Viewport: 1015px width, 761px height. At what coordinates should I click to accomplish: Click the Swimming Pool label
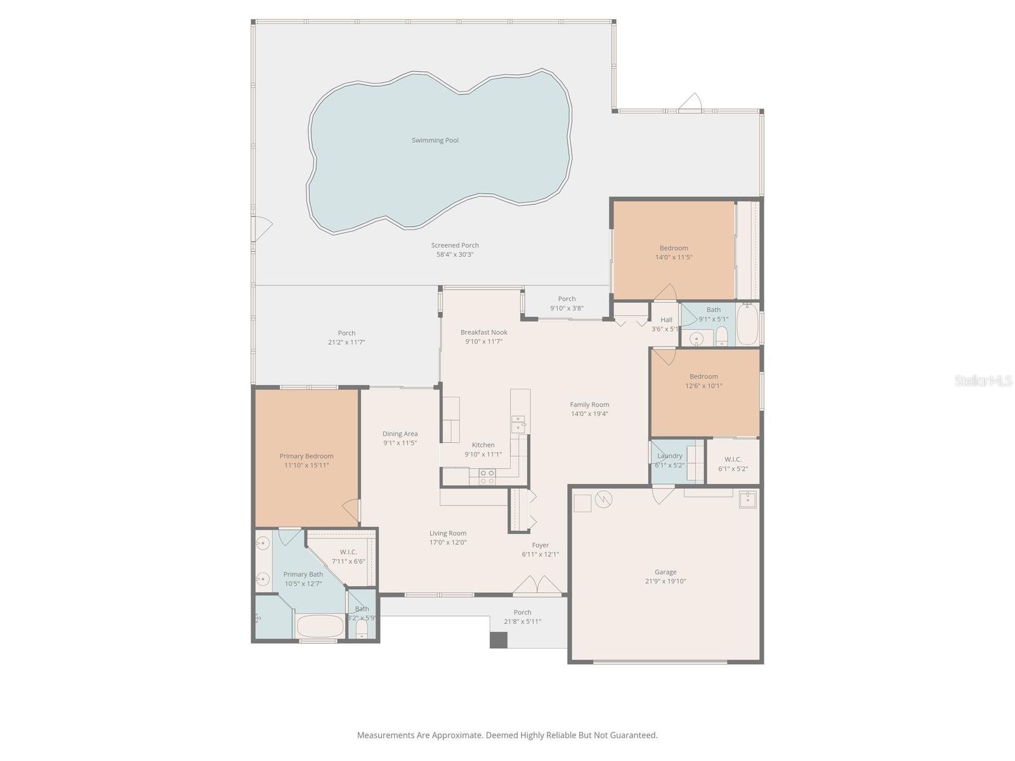435,140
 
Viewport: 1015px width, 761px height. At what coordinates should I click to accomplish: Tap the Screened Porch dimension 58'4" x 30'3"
455,255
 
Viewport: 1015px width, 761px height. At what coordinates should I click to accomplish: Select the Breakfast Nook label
484,332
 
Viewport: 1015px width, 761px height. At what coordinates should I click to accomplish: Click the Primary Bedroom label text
306,456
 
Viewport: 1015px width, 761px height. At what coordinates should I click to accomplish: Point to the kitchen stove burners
487,477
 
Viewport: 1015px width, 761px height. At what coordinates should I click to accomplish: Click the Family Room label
589,405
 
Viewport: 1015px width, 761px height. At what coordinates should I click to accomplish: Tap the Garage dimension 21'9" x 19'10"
665,582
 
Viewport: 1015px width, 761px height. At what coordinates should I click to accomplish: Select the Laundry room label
670,456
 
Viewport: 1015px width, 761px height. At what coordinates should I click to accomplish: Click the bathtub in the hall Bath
747,325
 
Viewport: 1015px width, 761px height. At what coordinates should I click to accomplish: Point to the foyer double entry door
537,586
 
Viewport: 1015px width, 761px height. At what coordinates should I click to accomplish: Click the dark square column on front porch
499,640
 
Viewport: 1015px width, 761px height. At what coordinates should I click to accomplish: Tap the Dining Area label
400,434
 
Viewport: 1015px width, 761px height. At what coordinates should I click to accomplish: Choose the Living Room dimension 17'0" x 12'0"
448,543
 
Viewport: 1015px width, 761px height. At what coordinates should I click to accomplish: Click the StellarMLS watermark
982,381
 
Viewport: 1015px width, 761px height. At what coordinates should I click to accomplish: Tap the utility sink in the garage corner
749,499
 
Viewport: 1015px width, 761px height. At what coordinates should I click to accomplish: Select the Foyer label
540,545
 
